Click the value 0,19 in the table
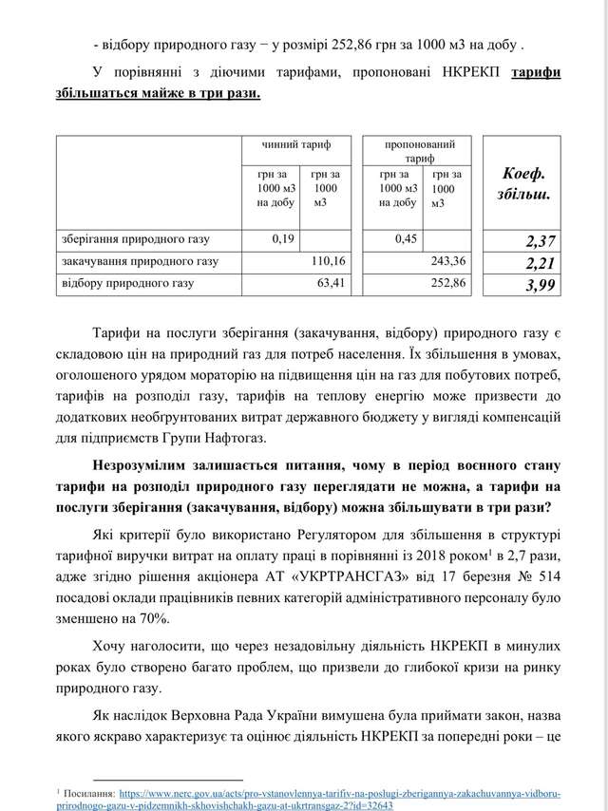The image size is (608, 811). click(x=283, y=238)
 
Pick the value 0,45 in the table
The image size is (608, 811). click(x=406, y=238)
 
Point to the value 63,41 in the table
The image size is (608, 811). click(x=332, y=283)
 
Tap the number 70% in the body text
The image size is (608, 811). click(x=153, y=617)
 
